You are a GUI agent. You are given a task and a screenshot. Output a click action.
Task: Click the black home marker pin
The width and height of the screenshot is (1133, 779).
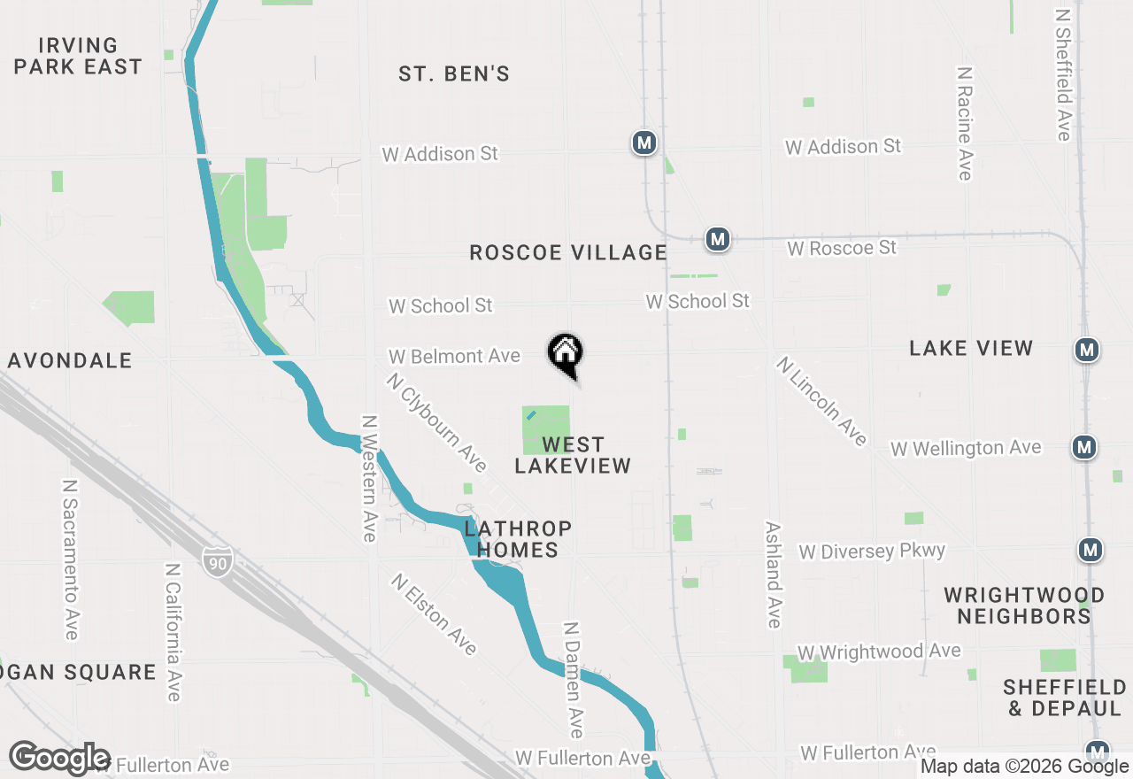pyautogui.click(x=566, y=354)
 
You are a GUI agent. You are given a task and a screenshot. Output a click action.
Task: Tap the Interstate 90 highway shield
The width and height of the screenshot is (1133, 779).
pyautogui.click(x=216, y=561)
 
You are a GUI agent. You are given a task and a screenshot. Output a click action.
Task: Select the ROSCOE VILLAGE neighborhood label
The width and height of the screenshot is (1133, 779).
pyautogui.click(x=568, y=253)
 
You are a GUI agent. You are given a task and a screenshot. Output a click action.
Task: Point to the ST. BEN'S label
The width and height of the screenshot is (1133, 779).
pyautogui.click(x=454, y=74)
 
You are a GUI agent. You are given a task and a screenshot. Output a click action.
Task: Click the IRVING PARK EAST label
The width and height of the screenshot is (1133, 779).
pyautogui.click(x=78, y=56)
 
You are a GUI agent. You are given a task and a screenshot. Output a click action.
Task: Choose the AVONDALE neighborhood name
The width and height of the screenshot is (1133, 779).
pyautogui.click(x=71, y=360)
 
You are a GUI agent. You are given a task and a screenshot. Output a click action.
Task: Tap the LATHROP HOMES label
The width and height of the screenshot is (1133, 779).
pyautogui.click(x=518, y=539)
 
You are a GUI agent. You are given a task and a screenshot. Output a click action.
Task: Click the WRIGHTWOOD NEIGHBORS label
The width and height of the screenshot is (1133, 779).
pyautogui.click(x=1024, y=605)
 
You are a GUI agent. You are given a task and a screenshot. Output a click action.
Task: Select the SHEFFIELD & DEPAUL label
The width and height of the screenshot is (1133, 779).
pyautogui.click(x=1065, y=698)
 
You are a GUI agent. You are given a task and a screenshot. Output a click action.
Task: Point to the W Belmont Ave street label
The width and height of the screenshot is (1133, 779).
pyautogui.click(x=454, y=356)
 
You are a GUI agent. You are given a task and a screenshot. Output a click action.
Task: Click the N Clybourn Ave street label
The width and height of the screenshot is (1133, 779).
pyautogui.click(x=436, y=422)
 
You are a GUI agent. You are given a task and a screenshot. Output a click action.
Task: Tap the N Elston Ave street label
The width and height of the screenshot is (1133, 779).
pyautogui.click(x=435, y=614)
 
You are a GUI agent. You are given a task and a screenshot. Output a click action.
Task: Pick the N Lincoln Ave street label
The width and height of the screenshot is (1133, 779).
pyautogui.click(x=821, y=401)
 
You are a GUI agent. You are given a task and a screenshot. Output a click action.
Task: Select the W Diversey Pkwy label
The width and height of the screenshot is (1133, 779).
pyautogui.click(x=872, y=551)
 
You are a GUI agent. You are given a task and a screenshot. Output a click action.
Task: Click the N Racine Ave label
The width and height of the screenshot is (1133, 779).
pyautogui.click(x=965, y=122)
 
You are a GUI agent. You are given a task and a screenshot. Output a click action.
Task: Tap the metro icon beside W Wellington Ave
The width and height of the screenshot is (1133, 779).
pyautogui.click(x=1084, y=447)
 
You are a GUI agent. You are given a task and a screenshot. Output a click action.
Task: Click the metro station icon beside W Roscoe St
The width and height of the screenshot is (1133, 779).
pyautogui.click(x=718, y=239)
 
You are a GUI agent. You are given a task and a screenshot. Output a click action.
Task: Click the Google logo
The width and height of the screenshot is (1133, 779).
pyautogui.click(x=60, y=759)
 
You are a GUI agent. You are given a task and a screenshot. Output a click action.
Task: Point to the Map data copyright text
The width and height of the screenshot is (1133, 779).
pyautogui.click(x=1025, y=767)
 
